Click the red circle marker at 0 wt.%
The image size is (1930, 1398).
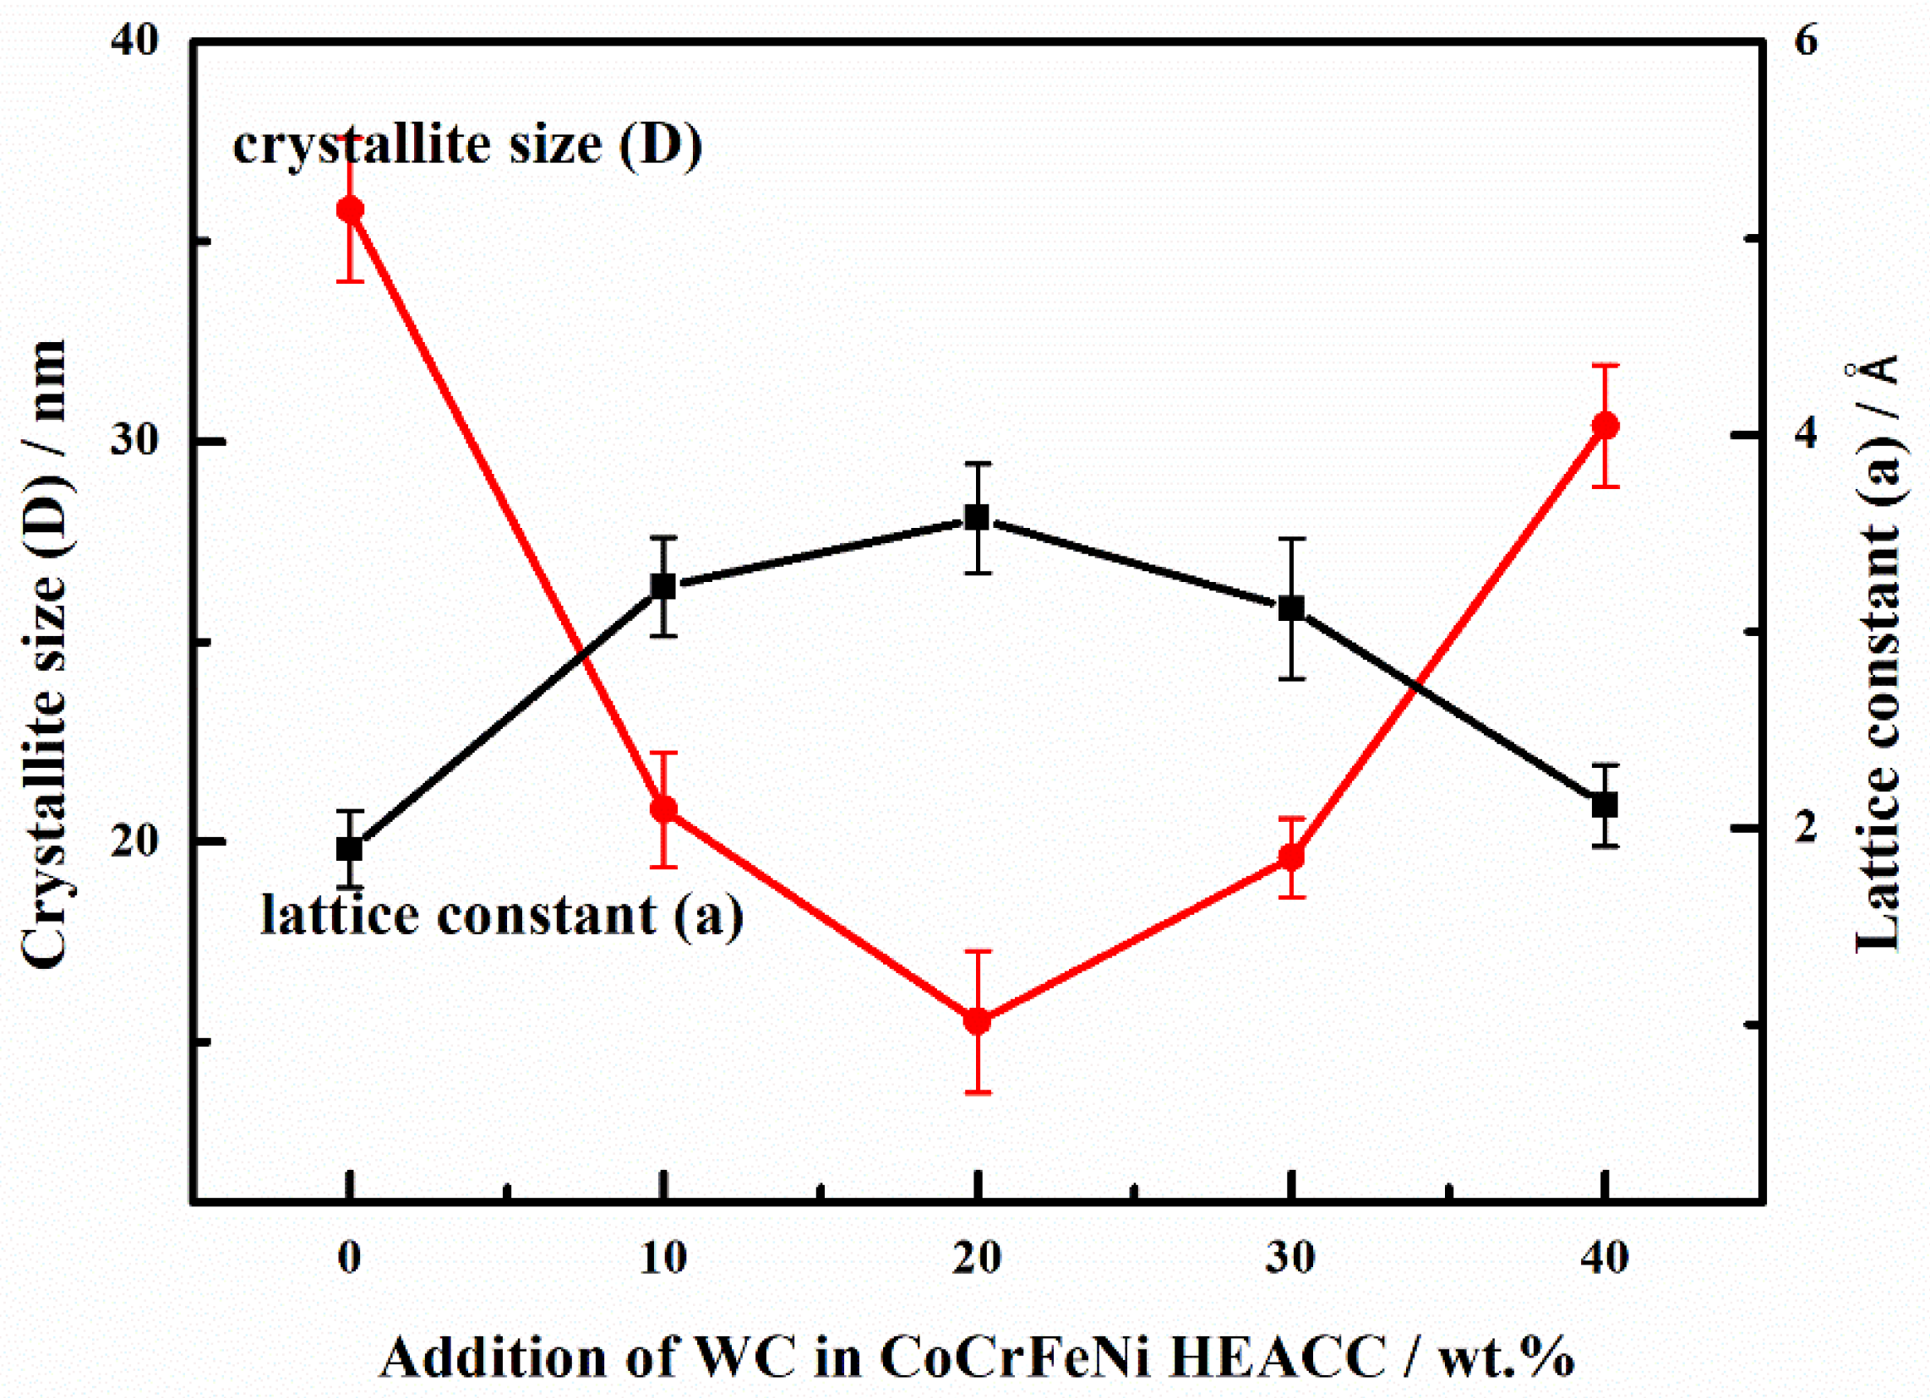(350, 209)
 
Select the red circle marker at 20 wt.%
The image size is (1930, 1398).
(978, 1021)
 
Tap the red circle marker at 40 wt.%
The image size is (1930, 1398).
(1605, 426)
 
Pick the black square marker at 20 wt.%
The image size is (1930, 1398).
(978, 517)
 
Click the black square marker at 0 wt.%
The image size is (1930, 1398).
(350, 848)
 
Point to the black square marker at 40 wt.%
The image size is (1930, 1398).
(1605, 805)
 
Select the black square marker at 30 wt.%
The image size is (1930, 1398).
(1292, 608)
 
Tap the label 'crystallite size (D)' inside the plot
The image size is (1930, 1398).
(467, 144)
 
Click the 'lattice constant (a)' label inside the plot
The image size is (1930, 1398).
(501, 916)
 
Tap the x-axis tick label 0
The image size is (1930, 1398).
(350, 1258)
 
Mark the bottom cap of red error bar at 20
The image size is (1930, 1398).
(978, 1091)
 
